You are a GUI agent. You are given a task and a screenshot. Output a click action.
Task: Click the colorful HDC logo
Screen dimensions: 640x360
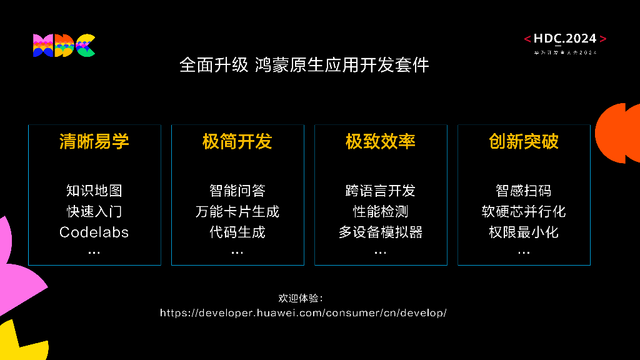[x=64, y=46]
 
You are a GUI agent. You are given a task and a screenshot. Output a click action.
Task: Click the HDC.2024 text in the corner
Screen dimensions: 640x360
[x=566, y=39]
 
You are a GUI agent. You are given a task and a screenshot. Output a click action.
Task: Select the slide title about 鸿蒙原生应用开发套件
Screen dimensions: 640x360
[x=304, y=65]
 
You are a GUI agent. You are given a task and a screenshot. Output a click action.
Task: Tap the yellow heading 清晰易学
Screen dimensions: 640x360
[x=94, y=141]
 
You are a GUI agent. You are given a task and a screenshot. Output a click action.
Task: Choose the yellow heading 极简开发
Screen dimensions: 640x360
[x=237, y=141]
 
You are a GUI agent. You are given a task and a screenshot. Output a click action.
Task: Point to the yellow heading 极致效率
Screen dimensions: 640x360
[x=381, y=141]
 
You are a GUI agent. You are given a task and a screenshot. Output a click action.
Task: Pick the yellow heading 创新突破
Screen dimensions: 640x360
[x=524, y=141]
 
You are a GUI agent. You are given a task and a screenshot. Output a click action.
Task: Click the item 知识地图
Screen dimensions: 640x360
[x=94, y=190]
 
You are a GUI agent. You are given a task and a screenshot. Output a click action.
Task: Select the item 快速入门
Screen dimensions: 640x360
[x=94, y=211]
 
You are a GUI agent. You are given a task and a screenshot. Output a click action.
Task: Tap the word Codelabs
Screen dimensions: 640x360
[x=94, y=232]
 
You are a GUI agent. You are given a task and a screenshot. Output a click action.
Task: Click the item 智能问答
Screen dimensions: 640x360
[x=237, y=190]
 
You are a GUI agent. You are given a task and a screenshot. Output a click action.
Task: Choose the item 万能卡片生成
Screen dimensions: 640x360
[x=237, y=211]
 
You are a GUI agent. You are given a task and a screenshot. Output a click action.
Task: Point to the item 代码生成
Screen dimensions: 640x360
[x=237, y=232]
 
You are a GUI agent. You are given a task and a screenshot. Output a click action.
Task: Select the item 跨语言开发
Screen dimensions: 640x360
[x=381, y=190]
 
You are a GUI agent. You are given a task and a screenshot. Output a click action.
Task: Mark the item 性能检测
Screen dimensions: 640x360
[x=381, y=211]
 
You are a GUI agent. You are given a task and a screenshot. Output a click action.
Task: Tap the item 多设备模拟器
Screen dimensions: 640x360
[x=381, y=232]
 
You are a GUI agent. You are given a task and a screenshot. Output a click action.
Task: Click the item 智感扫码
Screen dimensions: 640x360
[x=524, y=190]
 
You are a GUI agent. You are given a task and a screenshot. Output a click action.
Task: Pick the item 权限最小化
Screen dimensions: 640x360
[x=524, y=232]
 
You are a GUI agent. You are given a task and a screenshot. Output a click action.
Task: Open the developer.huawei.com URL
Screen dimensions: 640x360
[x=303, y=312]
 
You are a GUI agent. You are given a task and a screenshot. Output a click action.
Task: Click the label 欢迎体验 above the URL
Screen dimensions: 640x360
[x=301, y=297]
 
